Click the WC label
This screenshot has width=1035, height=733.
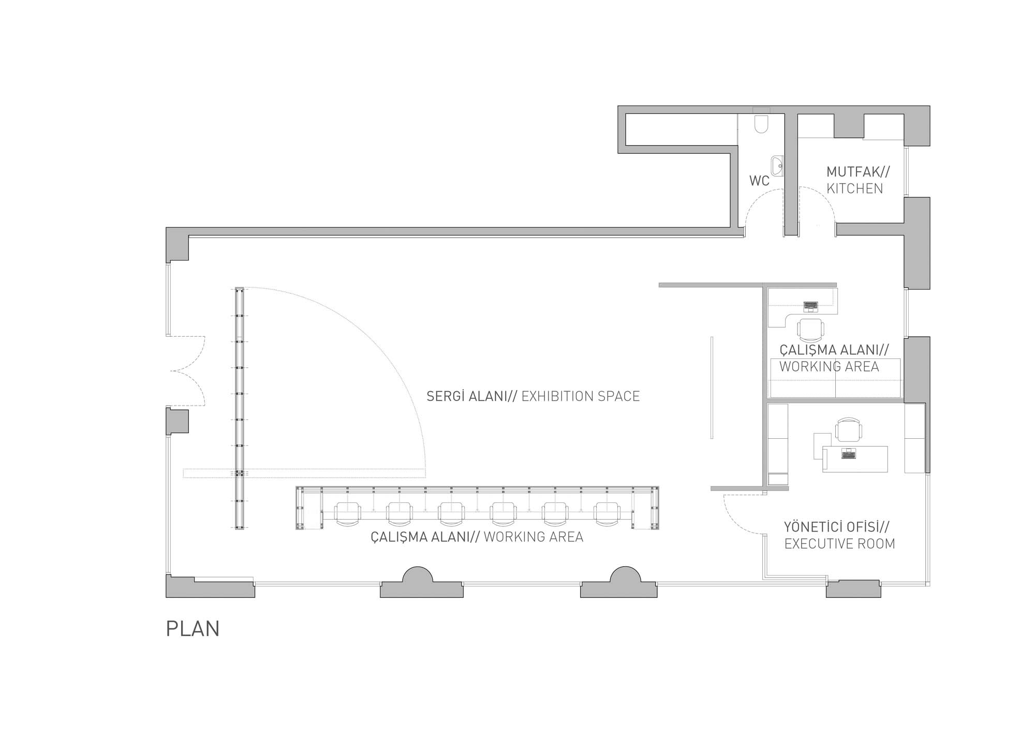[x=759, y=181]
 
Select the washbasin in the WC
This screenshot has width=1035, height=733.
[x=777, y=166]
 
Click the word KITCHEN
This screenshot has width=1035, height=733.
[x=854, y=189]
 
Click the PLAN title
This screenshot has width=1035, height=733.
[x=193, y=628]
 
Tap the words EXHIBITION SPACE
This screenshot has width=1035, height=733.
[x=580, y=396]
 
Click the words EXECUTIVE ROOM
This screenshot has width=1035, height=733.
[x=839, y=544]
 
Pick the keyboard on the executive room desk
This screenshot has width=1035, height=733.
[x=849, y=454]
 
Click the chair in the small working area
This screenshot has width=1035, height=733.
[x=810, y=328]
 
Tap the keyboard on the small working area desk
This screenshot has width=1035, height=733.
[x=810, y=306]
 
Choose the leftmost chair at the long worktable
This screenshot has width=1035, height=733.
[x=348, y=514]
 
